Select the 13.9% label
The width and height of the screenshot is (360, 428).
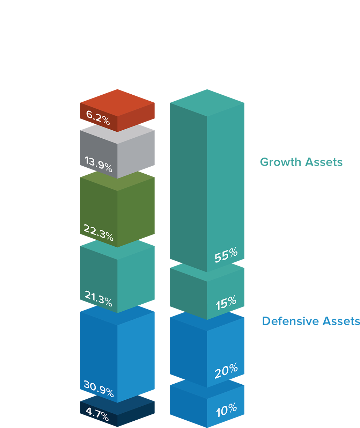(x=98, y=164)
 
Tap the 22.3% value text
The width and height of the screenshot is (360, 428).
(x=98, y=232)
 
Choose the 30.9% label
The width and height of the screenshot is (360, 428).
(x=98, y=389)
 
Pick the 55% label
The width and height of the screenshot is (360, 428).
(x=226, y=255)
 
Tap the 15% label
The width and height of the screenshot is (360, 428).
(x=226, y=302)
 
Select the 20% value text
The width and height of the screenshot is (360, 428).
(x=226, y=370)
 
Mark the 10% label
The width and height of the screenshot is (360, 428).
(x=226, y=410)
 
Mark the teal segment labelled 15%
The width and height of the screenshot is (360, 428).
(x=185, y=293)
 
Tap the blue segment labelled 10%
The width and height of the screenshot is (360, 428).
(x=185, y=409)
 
